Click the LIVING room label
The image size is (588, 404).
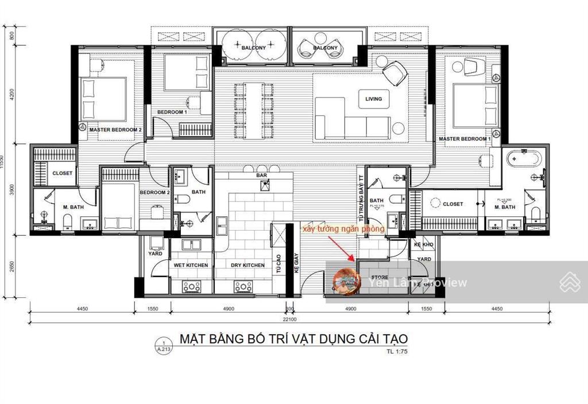[373, 99]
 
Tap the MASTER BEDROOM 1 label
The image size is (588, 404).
[465, 139]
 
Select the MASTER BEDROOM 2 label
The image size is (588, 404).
[115, 130]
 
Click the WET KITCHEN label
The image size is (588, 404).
[192, 265]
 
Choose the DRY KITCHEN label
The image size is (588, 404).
[247, 265]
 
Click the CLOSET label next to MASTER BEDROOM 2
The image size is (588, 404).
[63, 173]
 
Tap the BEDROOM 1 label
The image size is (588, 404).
[172, 112]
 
